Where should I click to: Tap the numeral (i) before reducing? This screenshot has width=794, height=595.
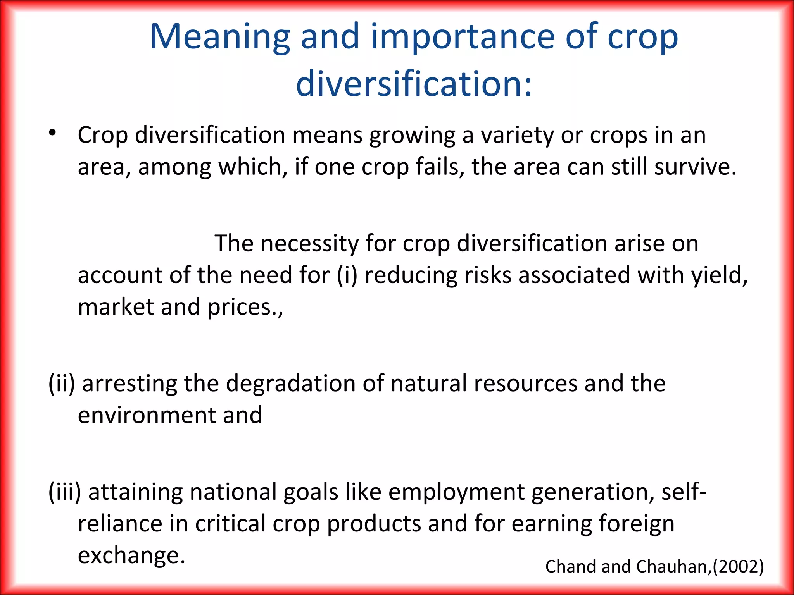pos(347,275)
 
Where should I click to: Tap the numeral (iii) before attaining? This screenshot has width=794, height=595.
pos(65,492)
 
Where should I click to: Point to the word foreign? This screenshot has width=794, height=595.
pos(636,524)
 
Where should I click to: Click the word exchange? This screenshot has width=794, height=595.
pos(131,555)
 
